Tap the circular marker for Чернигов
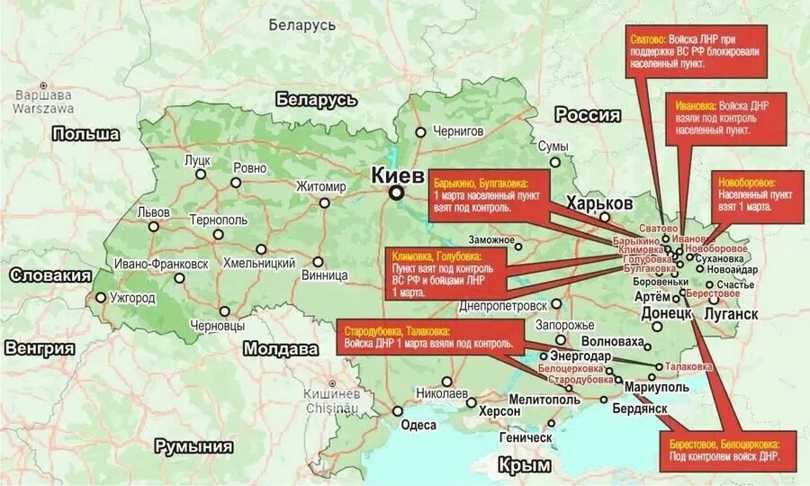[x=420, y=131]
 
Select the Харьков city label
[x=599, y=202]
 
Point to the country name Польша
[x=85, y=134]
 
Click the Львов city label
[x=152, y=212]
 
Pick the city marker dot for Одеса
[x=397, y=411]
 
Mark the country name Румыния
[x=193, y=445]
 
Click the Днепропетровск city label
[x=502, y=305]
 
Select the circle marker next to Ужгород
[x=99, y=297]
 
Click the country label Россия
[x=587, y=115]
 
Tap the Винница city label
[x=325, y=274]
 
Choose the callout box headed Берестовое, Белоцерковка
[x=732, y=450]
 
